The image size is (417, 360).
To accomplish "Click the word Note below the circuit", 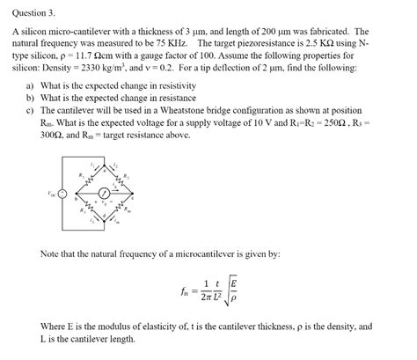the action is point(51,253).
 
